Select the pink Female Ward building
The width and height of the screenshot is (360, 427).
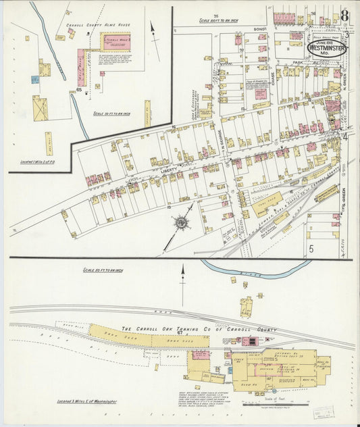(x=81, y=67)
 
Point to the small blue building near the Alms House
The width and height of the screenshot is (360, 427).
(x=35, y=79)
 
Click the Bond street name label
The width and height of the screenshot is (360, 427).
(x=259, y=30)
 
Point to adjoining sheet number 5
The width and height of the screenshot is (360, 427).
(x=311, y=249)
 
